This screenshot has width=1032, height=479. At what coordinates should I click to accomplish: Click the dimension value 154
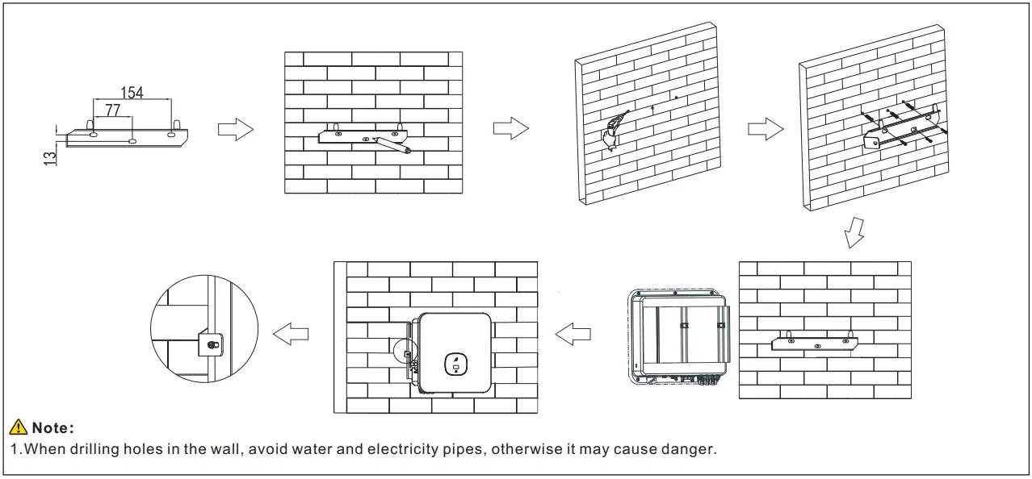point(132,93)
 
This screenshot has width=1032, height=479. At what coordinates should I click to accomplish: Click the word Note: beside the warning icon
point(53,428)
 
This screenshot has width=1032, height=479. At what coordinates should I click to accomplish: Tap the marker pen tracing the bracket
point(393,145)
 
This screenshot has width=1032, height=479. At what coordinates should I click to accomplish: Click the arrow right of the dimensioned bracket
point(236,129)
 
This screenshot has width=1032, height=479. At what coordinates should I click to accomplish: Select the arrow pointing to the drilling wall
point(510,129)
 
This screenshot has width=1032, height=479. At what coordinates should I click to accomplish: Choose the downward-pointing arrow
point(854,233)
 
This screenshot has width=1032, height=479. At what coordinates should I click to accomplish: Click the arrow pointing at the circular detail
point(291,333)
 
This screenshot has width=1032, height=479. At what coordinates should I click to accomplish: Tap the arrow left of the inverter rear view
point(573,333)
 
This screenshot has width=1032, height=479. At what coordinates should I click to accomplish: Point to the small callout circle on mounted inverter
point(407,352)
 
